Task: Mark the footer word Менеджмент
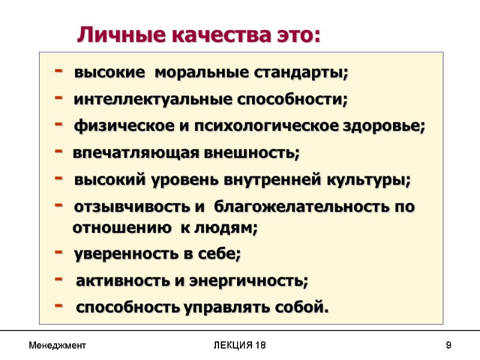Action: [x=58, y=346]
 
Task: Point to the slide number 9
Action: [x=448, y=346]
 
